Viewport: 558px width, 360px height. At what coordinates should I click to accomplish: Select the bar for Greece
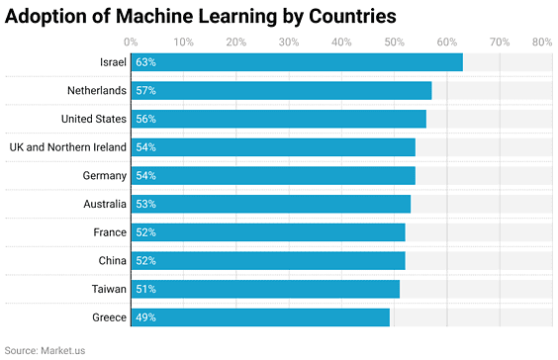coord(260,317)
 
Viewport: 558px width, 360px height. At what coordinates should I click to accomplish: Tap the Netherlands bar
coord(281,91)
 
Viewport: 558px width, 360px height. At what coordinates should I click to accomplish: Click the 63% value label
coord(146,62)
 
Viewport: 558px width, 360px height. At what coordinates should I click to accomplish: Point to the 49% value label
coord(146,317)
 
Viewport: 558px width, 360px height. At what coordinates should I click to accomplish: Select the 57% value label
coord(146,91)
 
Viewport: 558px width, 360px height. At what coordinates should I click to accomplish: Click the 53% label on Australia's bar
coord(146,204)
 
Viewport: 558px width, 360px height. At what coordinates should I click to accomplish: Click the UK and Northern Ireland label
coord(67,147)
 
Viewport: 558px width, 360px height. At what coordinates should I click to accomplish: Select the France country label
coord(110,232)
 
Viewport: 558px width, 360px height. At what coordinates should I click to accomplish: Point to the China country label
coord(112,261)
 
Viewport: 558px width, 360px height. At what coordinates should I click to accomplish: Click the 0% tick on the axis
coord(131,43)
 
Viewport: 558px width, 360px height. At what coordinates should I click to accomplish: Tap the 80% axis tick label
coord(541,43)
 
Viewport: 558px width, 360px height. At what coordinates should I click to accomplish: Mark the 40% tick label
coord(341,43)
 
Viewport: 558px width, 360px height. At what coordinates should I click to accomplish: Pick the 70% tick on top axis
coord(500,43)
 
